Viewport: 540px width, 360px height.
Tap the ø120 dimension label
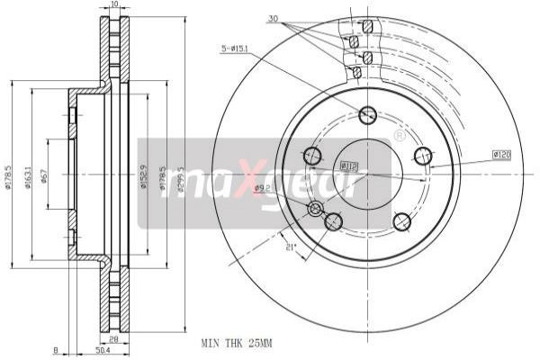coord(502,155)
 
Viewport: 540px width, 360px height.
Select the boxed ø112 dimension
coord(349,166)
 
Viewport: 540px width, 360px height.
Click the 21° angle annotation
coord(289,248)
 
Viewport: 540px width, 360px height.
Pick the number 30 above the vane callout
coord(272,17)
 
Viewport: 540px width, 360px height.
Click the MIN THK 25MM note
coord(237,344)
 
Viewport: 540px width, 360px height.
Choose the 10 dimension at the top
coord(113,5)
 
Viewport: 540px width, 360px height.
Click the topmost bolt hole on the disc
coord(367,115)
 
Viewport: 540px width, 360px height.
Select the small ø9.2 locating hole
coord(316,210)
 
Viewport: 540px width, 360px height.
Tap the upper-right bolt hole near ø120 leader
coord(422,156)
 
